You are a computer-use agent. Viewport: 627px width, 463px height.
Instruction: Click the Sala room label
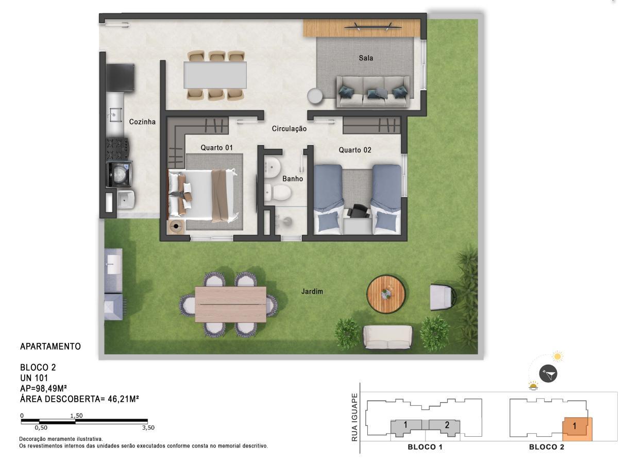tap(366, 58)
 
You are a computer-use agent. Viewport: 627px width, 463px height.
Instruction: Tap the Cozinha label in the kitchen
tap(142, 122)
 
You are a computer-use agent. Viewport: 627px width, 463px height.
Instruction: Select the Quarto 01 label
tap(216, 147)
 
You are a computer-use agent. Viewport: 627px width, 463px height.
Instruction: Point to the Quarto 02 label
tap(355, 150)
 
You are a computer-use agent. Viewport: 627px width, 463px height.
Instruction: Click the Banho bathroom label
tap(293, 179)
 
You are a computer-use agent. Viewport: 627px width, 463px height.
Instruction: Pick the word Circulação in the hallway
tap(289, 129)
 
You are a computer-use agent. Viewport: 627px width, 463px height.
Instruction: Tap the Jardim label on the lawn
tap(312, 291)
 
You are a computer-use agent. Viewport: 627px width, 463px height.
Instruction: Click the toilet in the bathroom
tap(278, 192)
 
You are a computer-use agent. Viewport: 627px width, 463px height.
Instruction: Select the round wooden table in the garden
tap(386, 294)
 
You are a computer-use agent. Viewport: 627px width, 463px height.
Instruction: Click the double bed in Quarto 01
tap(202, 195)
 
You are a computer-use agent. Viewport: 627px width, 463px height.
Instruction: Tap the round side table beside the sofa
tap(315, 96)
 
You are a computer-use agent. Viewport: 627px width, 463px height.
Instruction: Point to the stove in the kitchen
tap(117, 149)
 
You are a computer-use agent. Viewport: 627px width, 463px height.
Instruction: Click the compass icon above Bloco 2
tap(548, 374)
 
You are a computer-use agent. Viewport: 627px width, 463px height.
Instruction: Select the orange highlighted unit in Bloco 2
tap(577, 429)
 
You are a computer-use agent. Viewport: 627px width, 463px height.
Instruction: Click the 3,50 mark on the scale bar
tap(148, 427)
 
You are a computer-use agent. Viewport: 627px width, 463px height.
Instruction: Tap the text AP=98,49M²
tap(43, 388)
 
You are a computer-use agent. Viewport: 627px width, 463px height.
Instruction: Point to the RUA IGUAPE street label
tap(354, 417)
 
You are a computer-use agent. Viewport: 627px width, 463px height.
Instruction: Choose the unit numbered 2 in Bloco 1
tap(445, 427)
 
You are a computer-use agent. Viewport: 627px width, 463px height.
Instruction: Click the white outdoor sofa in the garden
tap(387, 337)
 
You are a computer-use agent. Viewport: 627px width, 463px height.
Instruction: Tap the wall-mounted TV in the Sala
tap(372, 27)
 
